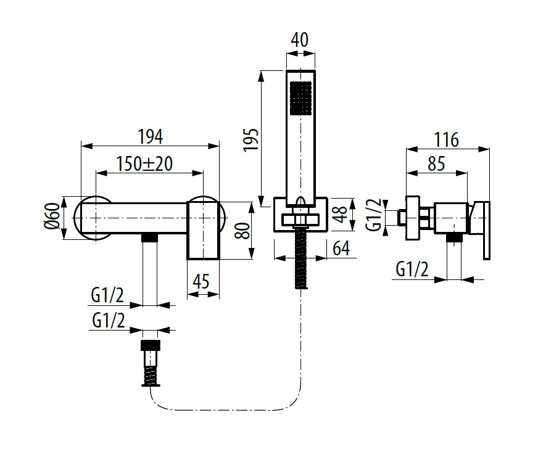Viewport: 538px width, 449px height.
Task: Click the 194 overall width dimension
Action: [x=149, y=134]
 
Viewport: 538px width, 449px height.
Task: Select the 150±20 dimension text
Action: [x=144, y=163]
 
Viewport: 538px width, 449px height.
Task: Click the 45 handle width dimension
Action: [x=202, y=281]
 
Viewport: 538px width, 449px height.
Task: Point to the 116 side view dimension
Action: [x=446, y=139]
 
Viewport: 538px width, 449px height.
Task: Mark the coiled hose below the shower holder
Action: [x=300, y=258]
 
